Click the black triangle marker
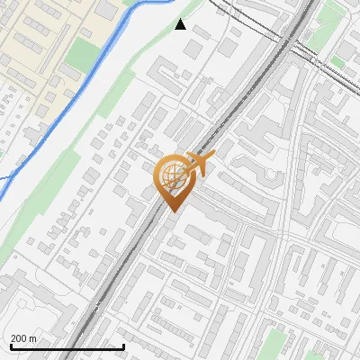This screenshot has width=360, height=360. click(181, 24)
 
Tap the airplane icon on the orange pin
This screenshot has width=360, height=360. click(200, 164)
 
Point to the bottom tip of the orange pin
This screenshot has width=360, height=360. click(172, 211)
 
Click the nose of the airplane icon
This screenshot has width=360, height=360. click(212, 158)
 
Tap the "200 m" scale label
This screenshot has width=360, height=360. click(23, 338)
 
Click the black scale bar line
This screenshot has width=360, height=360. click(67, 346)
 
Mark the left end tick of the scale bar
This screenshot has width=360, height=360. click(11, 345)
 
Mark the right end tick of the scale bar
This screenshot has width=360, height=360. click(123, 345)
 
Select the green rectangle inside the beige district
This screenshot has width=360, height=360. click(83, 54)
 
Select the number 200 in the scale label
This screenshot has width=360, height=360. click(19, 338)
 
